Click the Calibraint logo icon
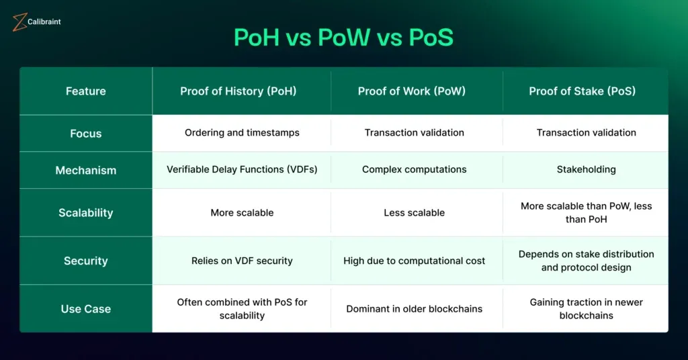[x=19, y=22]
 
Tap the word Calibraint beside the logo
[x=44, y=21]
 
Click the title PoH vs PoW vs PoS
[x=343, y=37]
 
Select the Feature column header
[x=86, y=91]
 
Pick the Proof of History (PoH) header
[x=239, y=91]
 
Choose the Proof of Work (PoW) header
[x=412, y=91]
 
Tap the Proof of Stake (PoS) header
[x=583, y=91]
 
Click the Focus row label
[x=86, y=133]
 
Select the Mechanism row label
[x=86, y=170]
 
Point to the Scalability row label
[x=86, y=213]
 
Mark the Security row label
[x=86, y=261]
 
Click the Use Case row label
[x=86, y=309]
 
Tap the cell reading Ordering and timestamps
[x=242, y=133]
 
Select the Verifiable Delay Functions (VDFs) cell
[x=242, y=170]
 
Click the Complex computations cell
[x=414, y=170]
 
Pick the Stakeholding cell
[x=586, y=170]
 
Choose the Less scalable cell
[x=414, y=213]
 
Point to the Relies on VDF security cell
[x=242, y=261]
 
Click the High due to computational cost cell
[x=414, y=261]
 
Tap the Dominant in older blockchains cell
[x=414, y=309]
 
